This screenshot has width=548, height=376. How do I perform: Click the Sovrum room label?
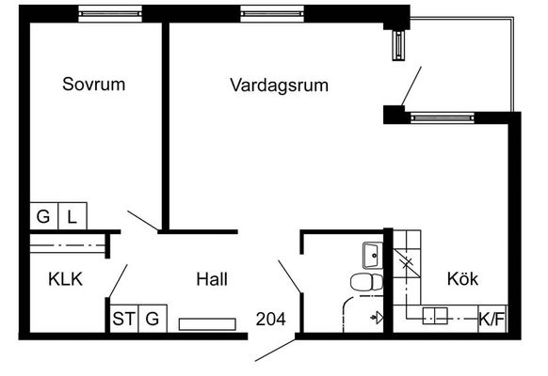pos(93,84)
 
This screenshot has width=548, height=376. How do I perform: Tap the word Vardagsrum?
pos(280,86)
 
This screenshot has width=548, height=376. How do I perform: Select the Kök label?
pos(462,278)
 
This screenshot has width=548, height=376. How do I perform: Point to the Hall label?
pos(212,279)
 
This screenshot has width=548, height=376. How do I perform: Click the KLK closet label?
pos(65,279)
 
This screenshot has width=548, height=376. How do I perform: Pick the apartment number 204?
pos(270,319)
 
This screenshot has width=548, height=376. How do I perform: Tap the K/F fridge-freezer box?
pos(492,319)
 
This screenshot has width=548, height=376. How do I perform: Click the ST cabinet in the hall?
pos(124,319)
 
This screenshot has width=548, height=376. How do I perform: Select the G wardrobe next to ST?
pos(153,319)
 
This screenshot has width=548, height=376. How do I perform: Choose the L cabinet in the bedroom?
pos(73,216)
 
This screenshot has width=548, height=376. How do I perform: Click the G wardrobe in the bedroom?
pos(43,216)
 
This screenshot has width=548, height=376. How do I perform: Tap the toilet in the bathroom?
pos(366,282)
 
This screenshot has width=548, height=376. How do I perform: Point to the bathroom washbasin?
pos(373,256)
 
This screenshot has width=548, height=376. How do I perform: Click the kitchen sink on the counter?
pos(435,316)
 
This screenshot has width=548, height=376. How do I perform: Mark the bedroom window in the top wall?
pos(110,13)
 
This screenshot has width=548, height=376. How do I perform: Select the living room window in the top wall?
pos(272,13)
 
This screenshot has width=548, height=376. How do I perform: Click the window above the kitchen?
pos(443,117)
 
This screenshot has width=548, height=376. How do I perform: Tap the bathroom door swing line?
pos(289,276)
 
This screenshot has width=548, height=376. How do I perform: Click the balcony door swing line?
pos(411,86)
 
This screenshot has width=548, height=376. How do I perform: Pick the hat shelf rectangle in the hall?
pos(207,324)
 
